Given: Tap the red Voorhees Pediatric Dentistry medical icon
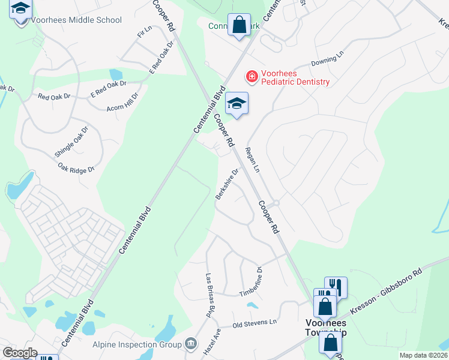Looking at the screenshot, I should click(251, 77).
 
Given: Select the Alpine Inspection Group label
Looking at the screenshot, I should click(137, 344).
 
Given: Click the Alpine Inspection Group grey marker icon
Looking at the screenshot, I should click(191, 344).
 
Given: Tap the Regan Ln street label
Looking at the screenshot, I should click(253, 161).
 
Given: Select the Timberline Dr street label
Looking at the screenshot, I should click(252, 283).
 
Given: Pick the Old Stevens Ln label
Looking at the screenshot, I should click(255, 322).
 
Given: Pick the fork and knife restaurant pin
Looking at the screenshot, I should click(336, 287).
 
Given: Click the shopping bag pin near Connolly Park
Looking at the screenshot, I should click(239, 26).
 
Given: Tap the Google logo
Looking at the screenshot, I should click(20, 353).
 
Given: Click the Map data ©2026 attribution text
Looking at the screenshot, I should click(423, 355).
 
